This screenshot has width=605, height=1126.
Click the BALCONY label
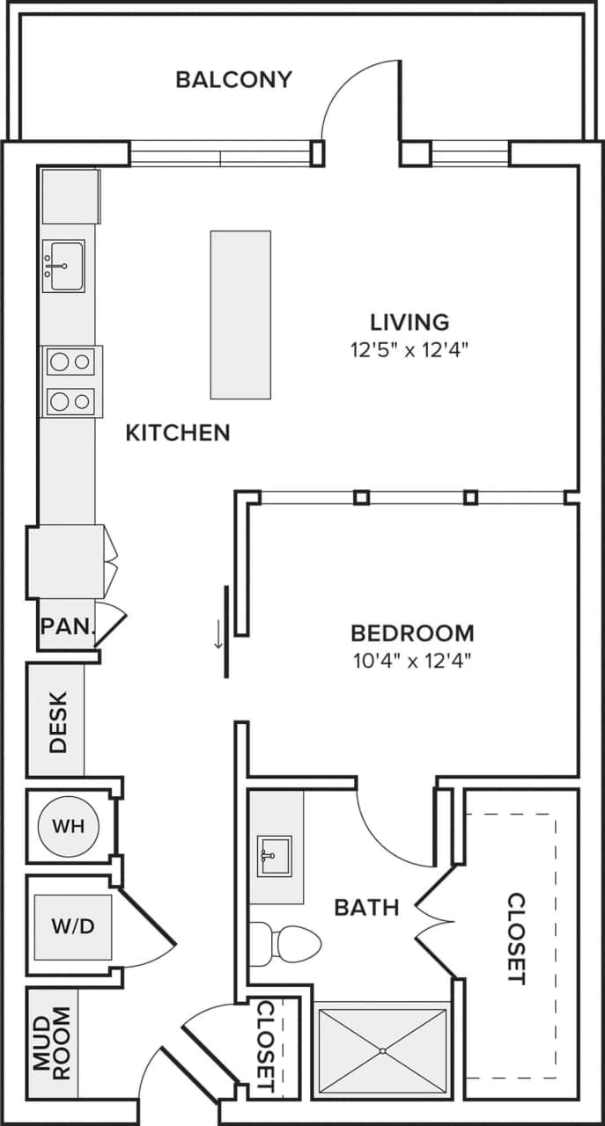click(233, 79)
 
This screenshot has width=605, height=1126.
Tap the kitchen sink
click(64, 265)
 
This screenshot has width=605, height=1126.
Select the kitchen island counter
click(240, 314)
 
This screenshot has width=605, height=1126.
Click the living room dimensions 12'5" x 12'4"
click(409, 349)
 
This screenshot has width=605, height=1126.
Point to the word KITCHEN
click(178, 433)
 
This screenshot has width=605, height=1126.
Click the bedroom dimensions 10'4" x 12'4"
click(412, 660)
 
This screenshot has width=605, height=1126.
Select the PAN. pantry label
click(67, 626)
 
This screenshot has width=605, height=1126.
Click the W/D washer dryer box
click(73, 927)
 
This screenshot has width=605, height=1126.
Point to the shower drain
click(382, 1050)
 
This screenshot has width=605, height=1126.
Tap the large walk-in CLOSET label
click(516, 938)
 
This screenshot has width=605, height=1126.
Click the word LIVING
click(409, 322)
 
